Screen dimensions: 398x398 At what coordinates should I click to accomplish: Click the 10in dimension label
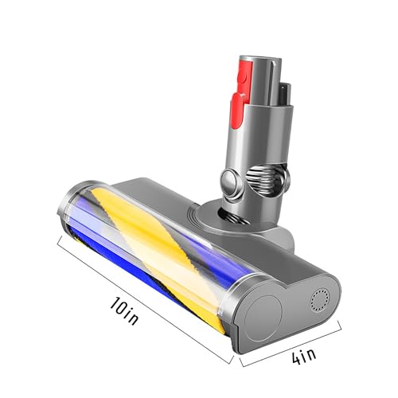[x=124, y=310]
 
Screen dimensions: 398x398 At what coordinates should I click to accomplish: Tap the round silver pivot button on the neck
[x=231, y=182]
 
